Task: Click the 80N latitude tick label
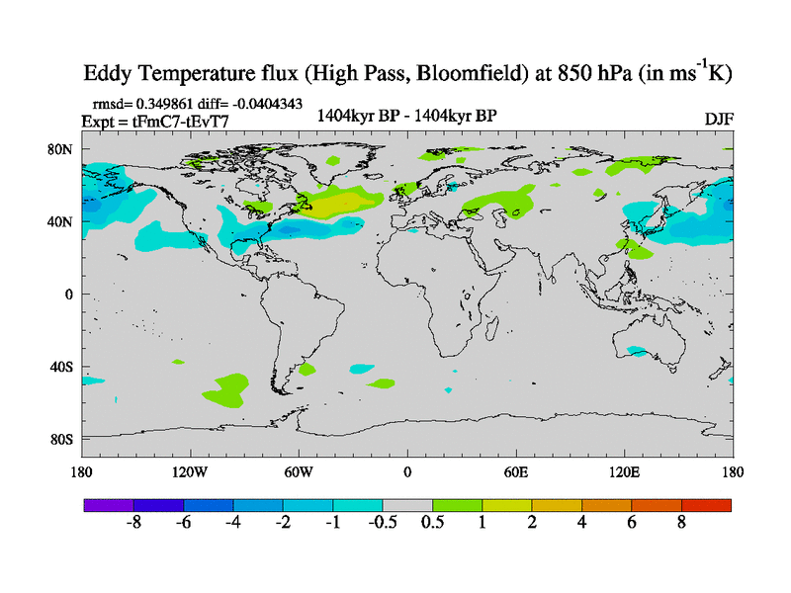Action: pyautogui.click(x=60, y=149)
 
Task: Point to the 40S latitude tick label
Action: pyautogui.click(x=60, y=367)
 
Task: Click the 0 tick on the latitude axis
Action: pyautogui.click(x=69, y=295)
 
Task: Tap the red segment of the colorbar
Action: pyautogui.click(x=706, y=505)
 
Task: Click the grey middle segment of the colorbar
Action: pyautogui.click(x=407, y=505)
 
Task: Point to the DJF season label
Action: pyautogui.click(x=718, y=119)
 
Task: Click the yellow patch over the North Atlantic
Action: pyautogui.click(x=342, y=202)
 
